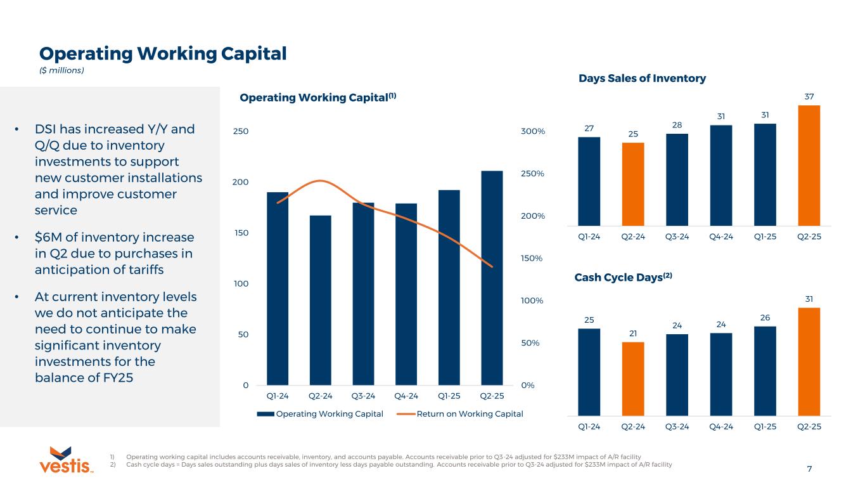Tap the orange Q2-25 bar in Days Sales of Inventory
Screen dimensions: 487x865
[x=809, y=165]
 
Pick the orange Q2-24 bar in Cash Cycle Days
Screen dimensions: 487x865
[x=633, y=379]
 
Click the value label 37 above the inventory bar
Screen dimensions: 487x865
[x=809, y=95]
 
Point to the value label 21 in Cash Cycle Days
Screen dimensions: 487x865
[x=633, y=333]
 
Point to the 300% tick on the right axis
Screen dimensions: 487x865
[x=530, y=131]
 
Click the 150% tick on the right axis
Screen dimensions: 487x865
[x=530, y=258]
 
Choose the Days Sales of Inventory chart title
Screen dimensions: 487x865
[x=642, y=79]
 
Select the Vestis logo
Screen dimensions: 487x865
[x=66, y=460]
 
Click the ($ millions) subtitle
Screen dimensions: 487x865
[x=61, y=70]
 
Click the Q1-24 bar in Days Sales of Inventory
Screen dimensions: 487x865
[x=589, y=181]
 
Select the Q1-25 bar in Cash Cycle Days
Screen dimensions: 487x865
[x=765, y=371]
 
